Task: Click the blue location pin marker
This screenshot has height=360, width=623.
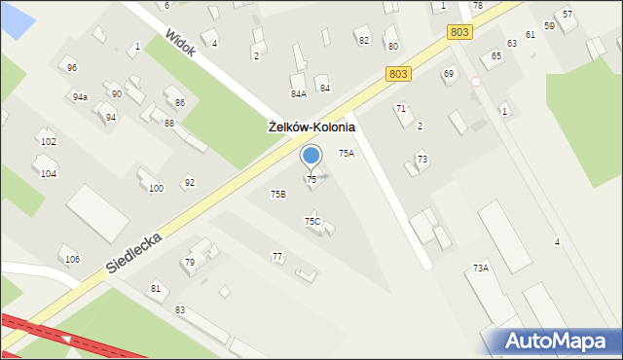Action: (311, 156)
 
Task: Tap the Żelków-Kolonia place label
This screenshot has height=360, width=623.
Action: (311, 127)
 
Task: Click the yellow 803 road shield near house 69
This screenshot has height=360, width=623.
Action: (397, 74)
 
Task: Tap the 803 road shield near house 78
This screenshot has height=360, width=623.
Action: (460, 33)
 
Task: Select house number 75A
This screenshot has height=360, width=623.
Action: (346, 154)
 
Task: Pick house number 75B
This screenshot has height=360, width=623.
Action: (277, 195)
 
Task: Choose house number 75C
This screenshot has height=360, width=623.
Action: (311, 222)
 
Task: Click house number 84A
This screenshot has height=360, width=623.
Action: (298, 93)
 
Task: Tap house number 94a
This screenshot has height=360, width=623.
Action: (80, 97)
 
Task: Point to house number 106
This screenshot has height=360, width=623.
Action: (72, 259)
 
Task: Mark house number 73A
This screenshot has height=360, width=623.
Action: (480, 268)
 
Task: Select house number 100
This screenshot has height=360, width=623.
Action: (156, 188)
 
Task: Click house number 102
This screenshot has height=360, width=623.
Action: (48, 142)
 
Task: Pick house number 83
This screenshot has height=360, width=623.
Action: (180, 309)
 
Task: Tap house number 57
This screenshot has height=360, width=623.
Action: (568, 15)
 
